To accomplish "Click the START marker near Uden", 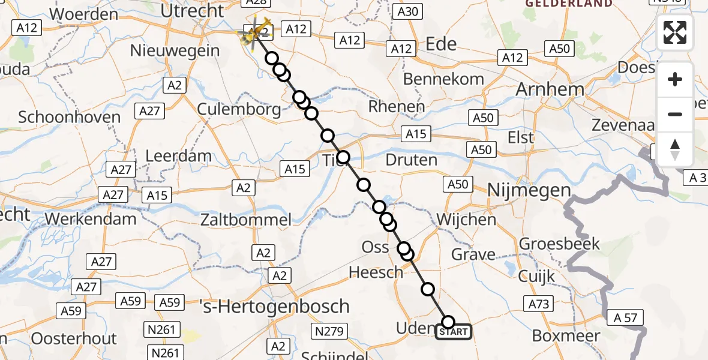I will click(454, 332).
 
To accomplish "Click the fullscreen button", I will click(675, 32).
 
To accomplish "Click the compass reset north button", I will click(675, 149).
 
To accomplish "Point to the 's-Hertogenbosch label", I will click(274, 307).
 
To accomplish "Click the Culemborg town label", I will click(239, 109).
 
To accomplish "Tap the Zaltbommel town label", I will click(247, 220).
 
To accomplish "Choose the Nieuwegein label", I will click(175, 51).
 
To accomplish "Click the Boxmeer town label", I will click(562, 335).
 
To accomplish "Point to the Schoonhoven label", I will click(70, 116).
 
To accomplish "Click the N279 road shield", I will click(328, 331).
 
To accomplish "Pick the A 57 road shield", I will click(625, 317).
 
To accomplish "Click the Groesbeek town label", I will click(560, 244).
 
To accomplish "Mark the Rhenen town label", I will click(397, 107).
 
